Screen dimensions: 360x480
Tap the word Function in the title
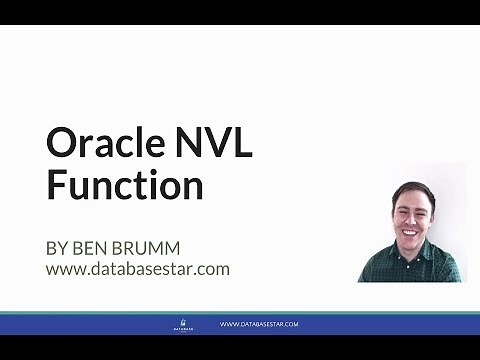(124, 186)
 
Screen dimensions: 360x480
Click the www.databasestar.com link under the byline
(137, 269)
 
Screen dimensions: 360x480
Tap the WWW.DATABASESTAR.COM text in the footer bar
(259, 324)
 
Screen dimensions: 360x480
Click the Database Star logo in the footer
(182, 324)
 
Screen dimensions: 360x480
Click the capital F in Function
(55, 186)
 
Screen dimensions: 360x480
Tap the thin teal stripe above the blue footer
(240, 313)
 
